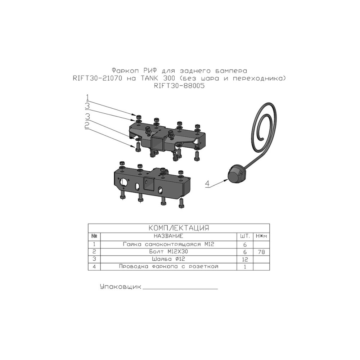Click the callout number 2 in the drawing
tap(87, 125)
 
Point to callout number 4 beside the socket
tap(207, 184)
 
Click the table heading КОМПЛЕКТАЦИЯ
tap(179, 228)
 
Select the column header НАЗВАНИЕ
tap(168, 236)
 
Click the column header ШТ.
tap(245, 236)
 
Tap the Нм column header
tap(261, 236)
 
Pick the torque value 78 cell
tap(261, 252)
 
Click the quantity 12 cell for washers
tap(245, 260)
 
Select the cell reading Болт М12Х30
tap(168, 252)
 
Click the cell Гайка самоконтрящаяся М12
tap(168, 244)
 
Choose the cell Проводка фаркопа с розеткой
tap(168, 266)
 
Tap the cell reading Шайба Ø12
tap(168, 259)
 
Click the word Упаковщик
tap(121, 287)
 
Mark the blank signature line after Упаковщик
tap(180, 289)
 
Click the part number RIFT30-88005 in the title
tap(179, 86)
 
